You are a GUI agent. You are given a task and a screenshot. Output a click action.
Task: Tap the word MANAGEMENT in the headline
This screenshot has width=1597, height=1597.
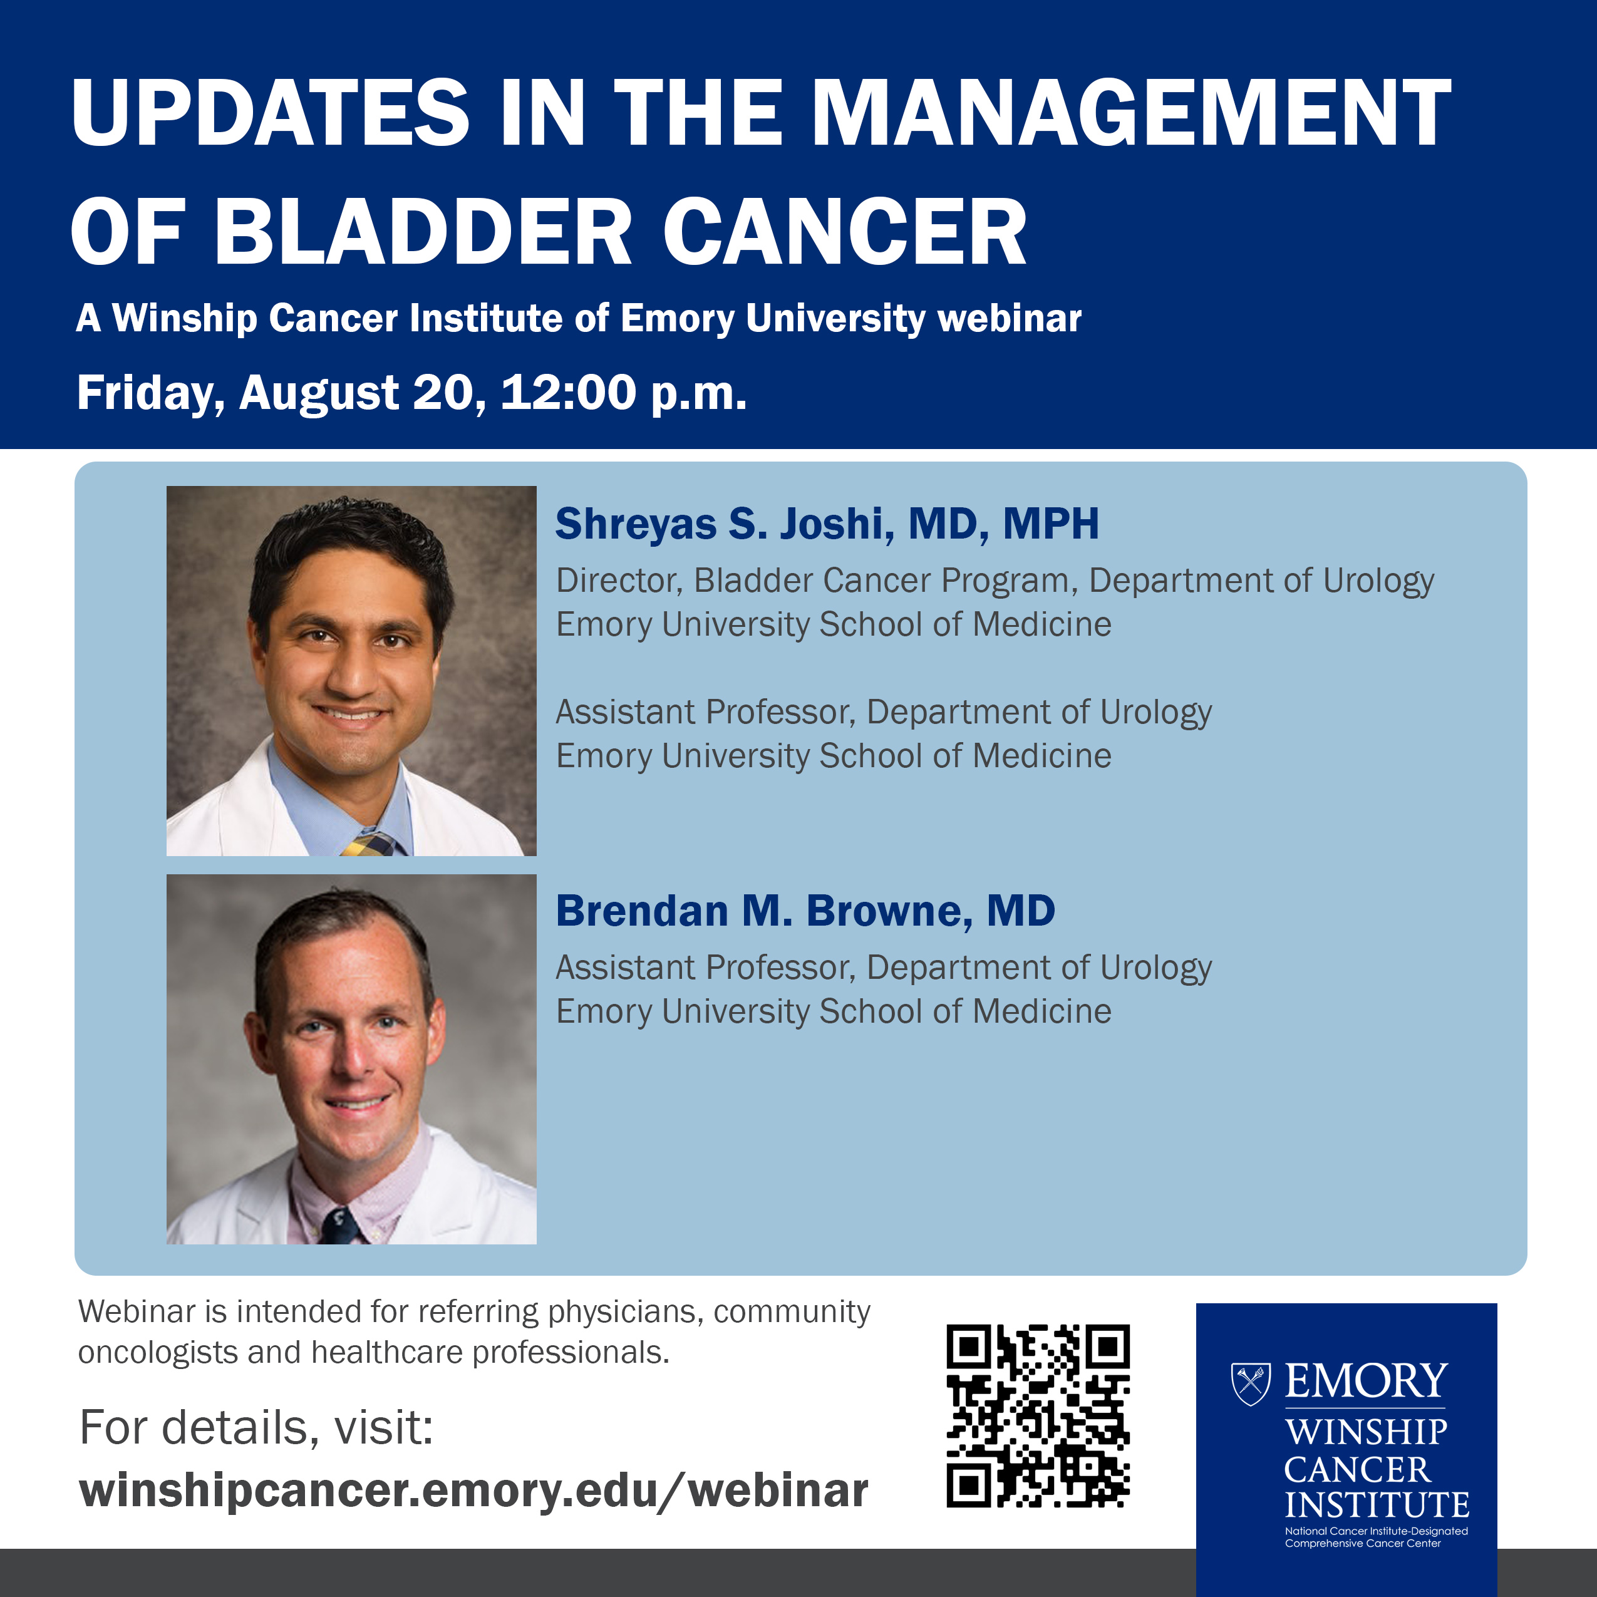pos(1132,113)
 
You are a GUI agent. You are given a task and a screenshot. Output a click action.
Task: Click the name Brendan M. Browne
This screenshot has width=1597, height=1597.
pos(759,911)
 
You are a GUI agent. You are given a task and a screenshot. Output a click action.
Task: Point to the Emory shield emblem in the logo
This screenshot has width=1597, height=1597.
pos(1251,1383)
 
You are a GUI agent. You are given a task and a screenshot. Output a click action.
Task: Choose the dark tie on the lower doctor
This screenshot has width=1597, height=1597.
pos(341,1226)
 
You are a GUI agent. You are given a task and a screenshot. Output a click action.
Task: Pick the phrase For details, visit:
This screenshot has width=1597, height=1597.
pos(256,1427)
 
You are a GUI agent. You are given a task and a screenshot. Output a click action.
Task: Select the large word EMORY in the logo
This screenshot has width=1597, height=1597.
pos(1365,1382)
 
